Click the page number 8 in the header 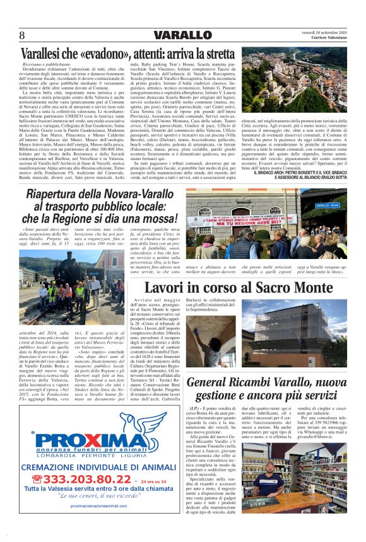click(22, 35)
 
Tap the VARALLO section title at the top click(182, 35)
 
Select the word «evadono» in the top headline click(109, 54)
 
